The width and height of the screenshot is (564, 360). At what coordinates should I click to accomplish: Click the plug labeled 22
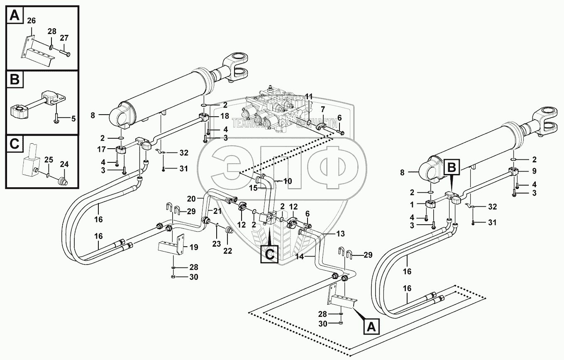pyautogui.click(x=228, y=230)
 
